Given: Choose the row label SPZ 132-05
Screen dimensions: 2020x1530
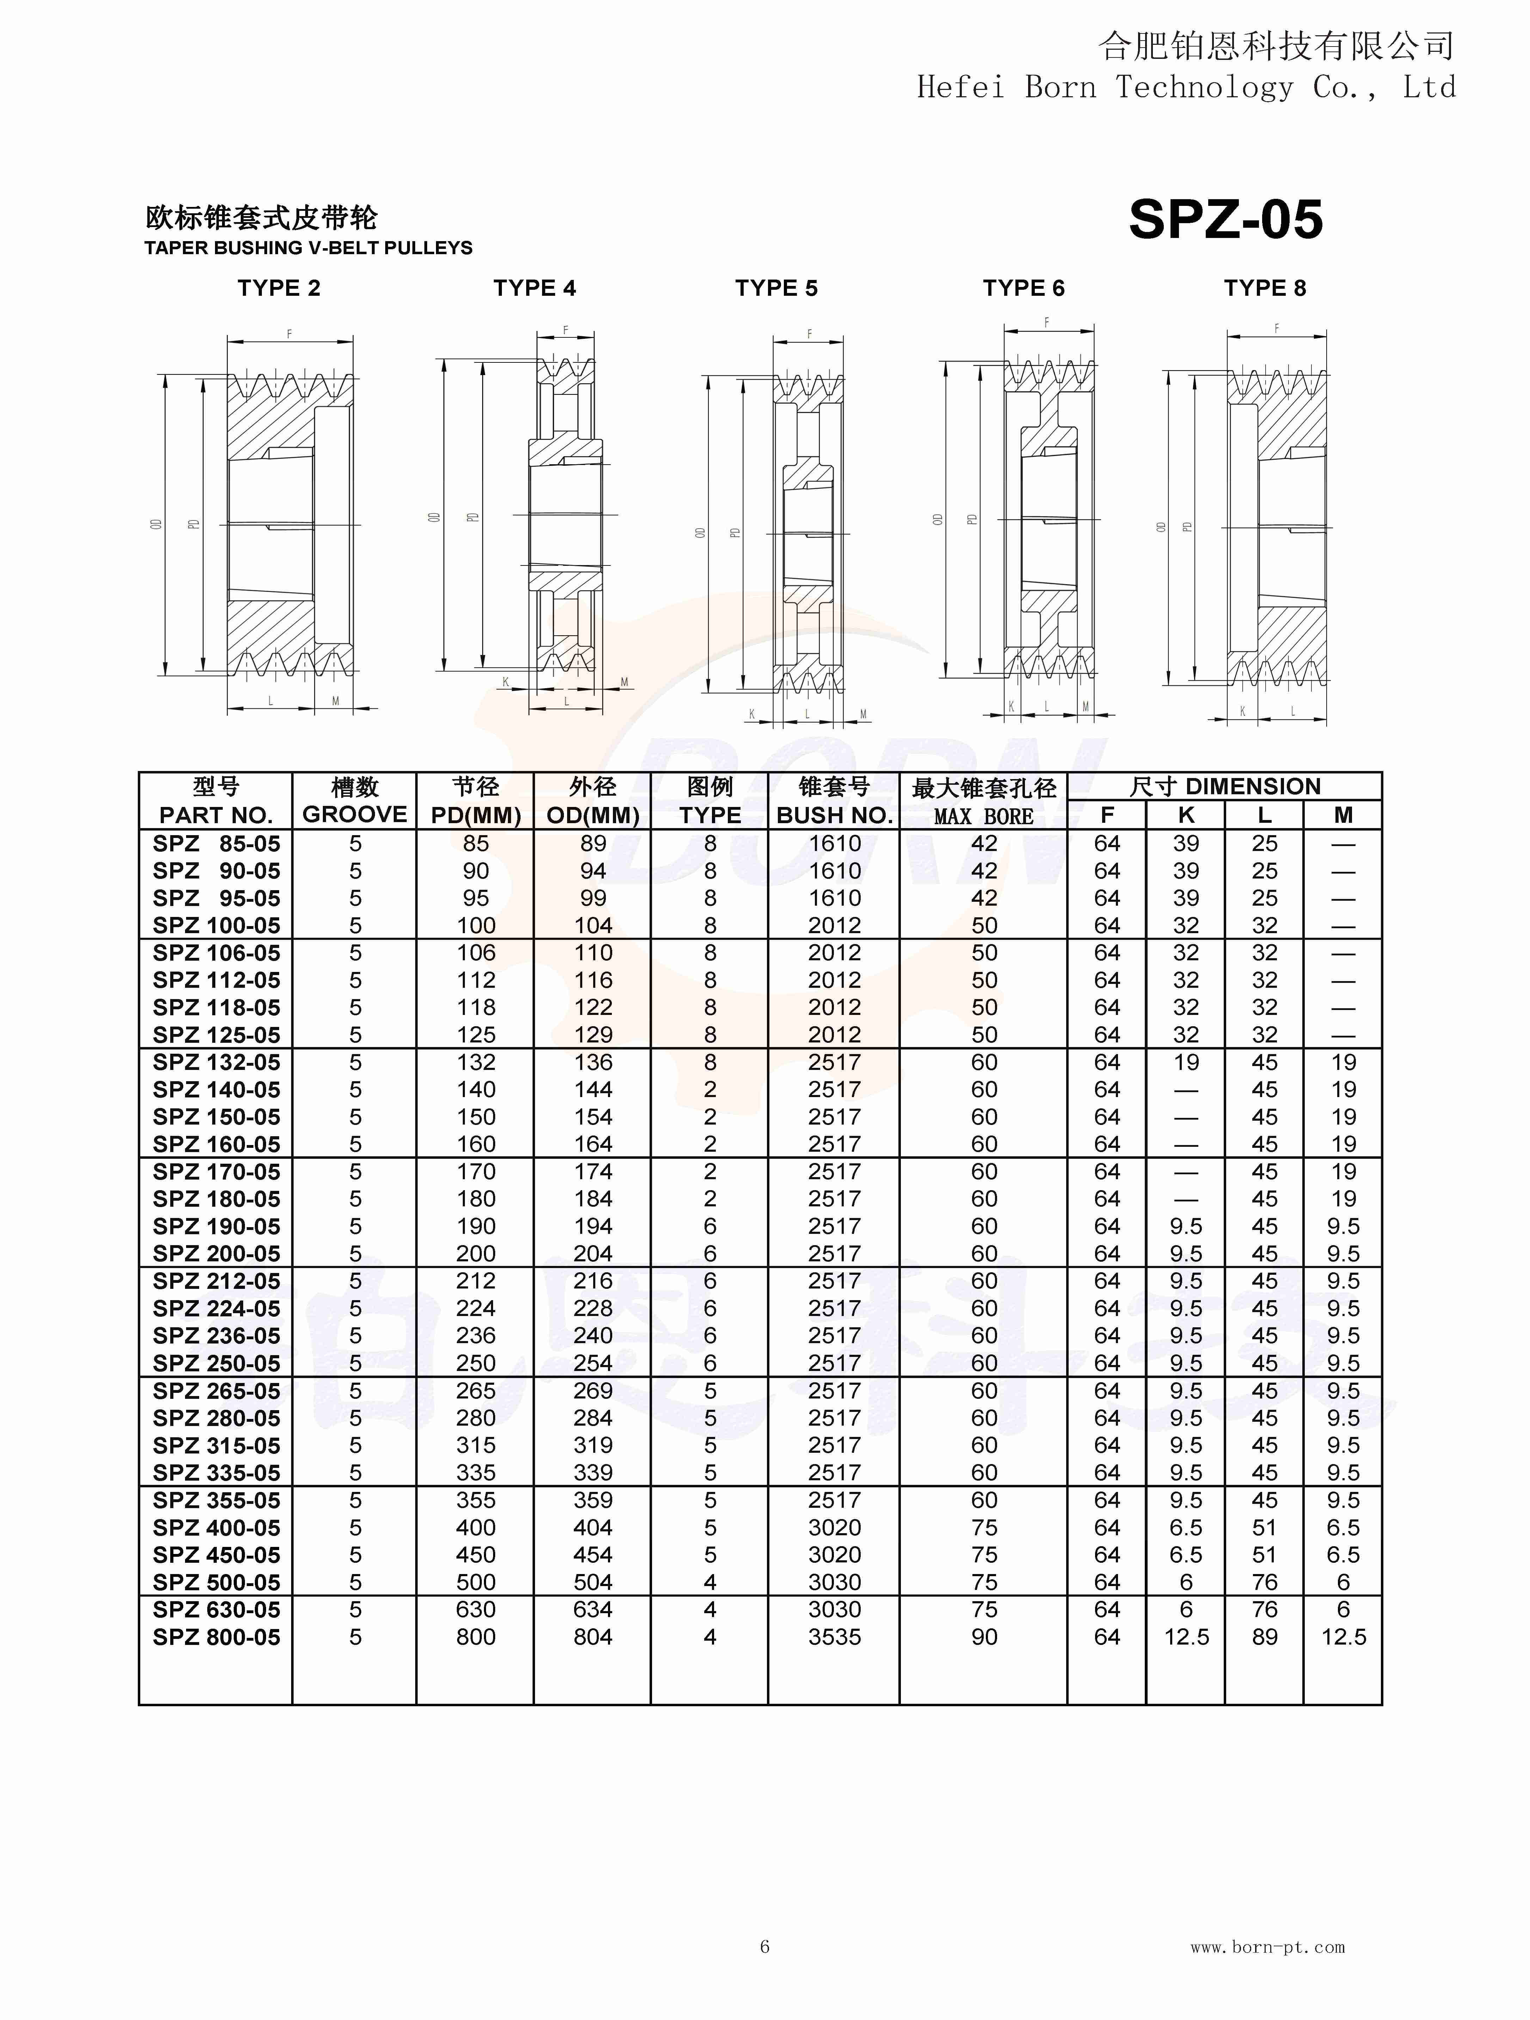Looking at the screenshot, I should tap(216, 1062).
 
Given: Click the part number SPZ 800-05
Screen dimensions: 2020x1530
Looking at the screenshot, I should tap(216, 1638).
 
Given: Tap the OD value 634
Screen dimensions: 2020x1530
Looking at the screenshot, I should tap(592, 1610).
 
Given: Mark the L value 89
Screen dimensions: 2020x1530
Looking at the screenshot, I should tap(1264, 1638).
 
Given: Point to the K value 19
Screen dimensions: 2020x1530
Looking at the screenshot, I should tap(1186, 1062).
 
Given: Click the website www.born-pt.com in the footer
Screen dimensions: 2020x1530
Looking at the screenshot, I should tap(1267, 1947).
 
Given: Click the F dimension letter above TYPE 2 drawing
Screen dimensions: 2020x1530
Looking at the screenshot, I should tap(289, 334).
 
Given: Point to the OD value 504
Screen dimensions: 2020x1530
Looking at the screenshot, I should tap(592, 1583).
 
